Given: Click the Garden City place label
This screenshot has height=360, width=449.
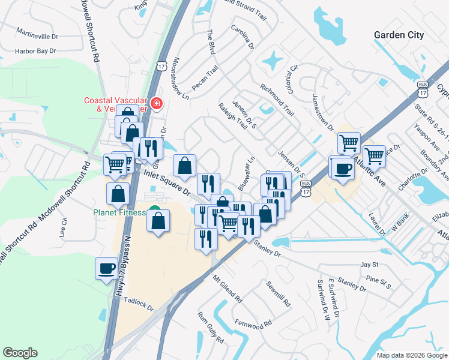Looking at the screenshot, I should click(x=399, y=35).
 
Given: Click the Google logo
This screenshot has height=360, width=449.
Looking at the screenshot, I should click(x=20, y=353).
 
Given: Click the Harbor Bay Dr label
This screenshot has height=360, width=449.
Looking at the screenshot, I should click(x=35, y=51).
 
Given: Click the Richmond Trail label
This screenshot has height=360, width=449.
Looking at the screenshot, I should click(x=277, y=101).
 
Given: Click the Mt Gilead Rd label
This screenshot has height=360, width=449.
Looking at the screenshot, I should click(x=227, y=289).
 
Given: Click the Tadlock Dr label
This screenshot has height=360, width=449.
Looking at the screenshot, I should click(x=139, y=303).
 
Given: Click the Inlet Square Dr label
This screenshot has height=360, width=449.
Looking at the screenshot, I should click(x=169, y=182).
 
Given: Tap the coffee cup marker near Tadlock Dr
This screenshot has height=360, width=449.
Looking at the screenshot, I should click(x=107, y=269).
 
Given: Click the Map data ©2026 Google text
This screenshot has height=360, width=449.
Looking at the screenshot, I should click(x=411, y=355).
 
